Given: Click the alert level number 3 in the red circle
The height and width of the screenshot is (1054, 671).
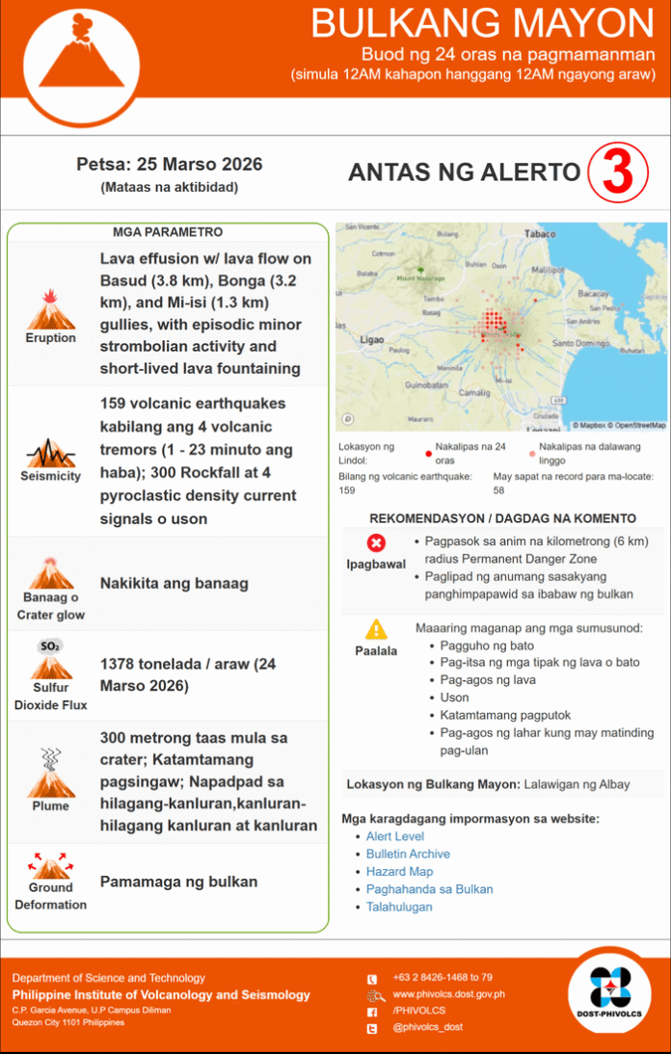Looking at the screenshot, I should click(616, 172).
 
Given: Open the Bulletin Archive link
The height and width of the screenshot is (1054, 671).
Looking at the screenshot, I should click(408, 854).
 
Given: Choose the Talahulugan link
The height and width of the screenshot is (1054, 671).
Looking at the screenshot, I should click(399, 906).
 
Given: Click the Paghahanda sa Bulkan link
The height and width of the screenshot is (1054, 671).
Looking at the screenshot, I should click(429, 888).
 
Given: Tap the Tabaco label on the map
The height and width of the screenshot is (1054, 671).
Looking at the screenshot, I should click(540, 234).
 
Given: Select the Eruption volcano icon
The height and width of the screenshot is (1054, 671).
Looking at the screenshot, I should click(50, 310).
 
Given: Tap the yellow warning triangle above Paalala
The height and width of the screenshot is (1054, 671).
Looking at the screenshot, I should click(376, 629).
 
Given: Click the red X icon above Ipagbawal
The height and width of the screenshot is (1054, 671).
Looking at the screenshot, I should click(376, 543).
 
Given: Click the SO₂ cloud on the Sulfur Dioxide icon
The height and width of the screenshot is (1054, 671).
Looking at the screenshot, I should click(50, 646).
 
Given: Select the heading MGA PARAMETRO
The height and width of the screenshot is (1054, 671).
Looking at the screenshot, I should click(168, 232).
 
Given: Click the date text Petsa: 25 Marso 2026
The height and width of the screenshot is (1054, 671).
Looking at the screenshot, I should click(169, 165).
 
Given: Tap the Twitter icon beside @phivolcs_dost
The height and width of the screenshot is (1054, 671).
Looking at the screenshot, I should click(372, 1029).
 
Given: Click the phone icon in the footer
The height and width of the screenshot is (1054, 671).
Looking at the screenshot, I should click(372, 978).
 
